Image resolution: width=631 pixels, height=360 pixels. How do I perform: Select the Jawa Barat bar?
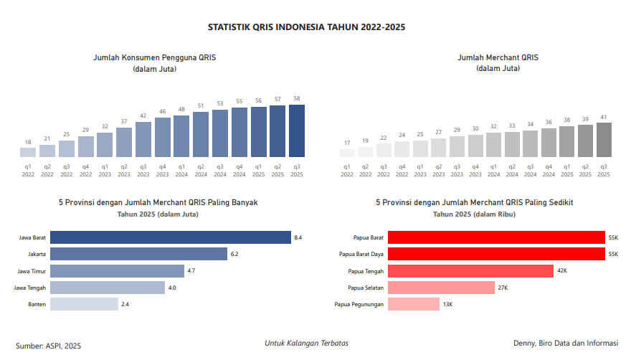coord(170,237)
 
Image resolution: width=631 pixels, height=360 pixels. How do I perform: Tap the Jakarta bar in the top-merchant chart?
coord(138,254)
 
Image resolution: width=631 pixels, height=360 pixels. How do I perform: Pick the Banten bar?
coord(84,304)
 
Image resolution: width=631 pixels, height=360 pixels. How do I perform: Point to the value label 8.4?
coord(298,237)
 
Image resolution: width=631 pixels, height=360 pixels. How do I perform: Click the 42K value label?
coord(562,271)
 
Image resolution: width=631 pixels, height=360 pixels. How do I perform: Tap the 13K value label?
coord(447,305)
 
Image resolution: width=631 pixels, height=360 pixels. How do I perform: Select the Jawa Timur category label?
coord(32,271)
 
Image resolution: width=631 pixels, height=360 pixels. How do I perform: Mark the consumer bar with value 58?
coord(296,131)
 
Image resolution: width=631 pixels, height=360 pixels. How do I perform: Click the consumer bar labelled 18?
coord(28,152)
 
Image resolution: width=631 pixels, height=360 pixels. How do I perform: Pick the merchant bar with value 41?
coord(604,140)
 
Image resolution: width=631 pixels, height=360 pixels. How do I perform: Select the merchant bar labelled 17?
coord(347,153)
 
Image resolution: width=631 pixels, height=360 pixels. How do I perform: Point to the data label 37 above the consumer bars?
coord(124,121)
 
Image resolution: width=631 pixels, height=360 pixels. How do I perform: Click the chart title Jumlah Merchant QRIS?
coord(498,57)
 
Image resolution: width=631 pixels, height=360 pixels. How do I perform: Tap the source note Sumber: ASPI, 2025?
coord(49,346)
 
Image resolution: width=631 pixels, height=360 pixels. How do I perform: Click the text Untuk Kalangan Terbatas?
coord(306,344)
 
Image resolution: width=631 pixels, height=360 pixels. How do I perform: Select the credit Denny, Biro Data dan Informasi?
coord(565,344)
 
